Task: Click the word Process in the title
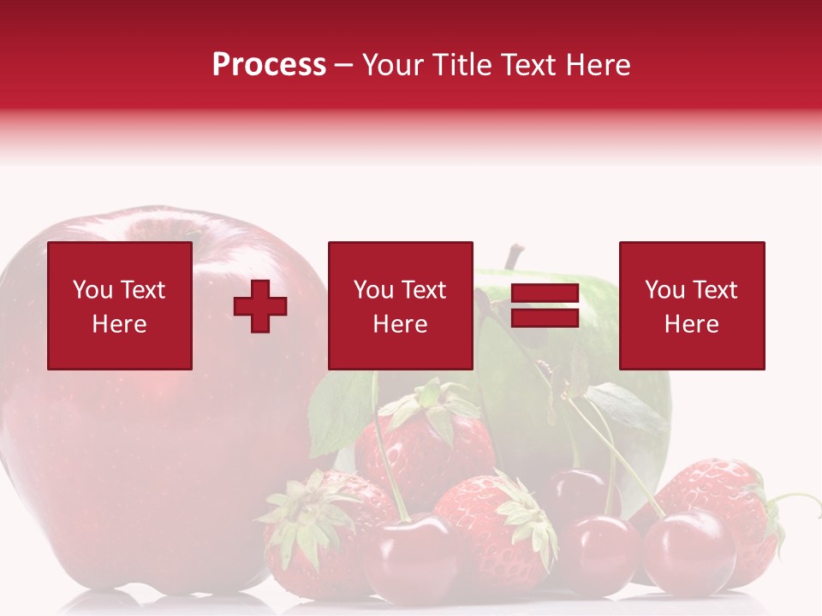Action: coord(269,65)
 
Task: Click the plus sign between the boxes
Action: coord(260,306)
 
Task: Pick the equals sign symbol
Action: coord(545,306)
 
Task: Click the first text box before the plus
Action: coord(120,306)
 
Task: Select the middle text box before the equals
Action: coord(400,306)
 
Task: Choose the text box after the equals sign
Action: coord(691,306)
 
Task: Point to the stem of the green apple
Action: coord(514,256)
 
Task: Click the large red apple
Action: coord(128,445)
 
